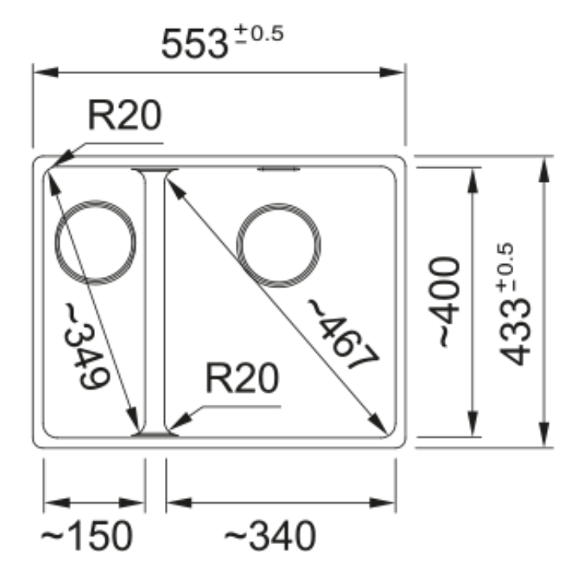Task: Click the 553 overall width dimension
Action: click(x=195, y=44)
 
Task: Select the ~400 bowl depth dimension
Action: click(x=444, y=302)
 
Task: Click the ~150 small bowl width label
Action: click(x=86, y=535)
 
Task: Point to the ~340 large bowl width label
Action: click(x=270, y=535)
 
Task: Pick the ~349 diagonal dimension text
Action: click(x=86, y=346)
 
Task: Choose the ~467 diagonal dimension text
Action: click(x=343, y=334)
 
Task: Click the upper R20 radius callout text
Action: click(x=125, y=114)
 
